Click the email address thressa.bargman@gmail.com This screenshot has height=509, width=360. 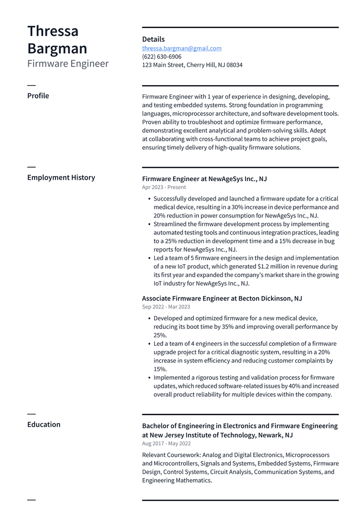pyautogui.click(x=181, y=48)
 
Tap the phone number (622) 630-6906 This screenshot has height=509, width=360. pyautogui.click(x=162, y=57)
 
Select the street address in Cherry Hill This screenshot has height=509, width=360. pyautogui.click(x=192, y=65)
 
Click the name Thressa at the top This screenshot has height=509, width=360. pyautogui.click(x=53, y=31)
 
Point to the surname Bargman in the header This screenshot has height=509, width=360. pyautogui.click(x=57, y=49)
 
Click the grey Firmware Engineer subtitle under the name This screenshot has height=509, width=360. pyautogui.click(x=68, y=64)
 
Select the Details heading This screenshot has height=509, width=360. pyautogui.click(x=153, y=39)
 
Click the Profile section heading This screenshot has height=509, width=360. pyautogui.click(x=38, y=96)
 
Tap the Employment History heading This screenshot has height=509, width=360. pyautogui.click(x=61, y=177)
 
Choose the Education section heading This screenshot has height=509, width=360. pyautogui.click(x=44, y=424)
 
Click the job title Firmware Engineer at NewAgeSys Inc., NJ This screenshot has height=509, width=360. pyautogui.click(x=204, y=179)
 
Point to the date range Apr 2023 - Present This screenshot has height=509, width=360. pyautogui.click(x=164, y=188)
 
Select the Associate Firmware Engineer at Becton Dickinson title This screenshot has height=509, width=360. pyautogui.click(x=222, y=299)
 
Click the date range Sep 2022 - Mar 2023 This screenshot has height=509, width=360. pyautogui.click(x=166, y=307)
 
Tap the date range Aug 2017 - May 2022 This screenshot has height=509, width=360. pyautogui.click(x=166, y=443)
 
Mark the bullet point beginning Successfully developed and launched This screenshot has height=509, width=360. pyautogui.click(x=246, y=207)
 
